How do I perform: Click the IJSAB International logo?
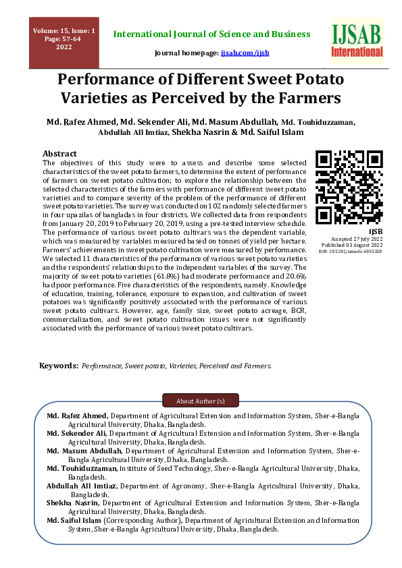coord(357,40)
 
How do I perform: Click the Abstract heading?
coord(59,154)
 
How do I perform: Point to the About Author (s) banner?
coord(201,401)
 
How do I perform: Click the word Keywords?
coord(59,366)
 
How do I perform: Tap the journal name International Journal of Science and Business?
coord(211,34)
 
